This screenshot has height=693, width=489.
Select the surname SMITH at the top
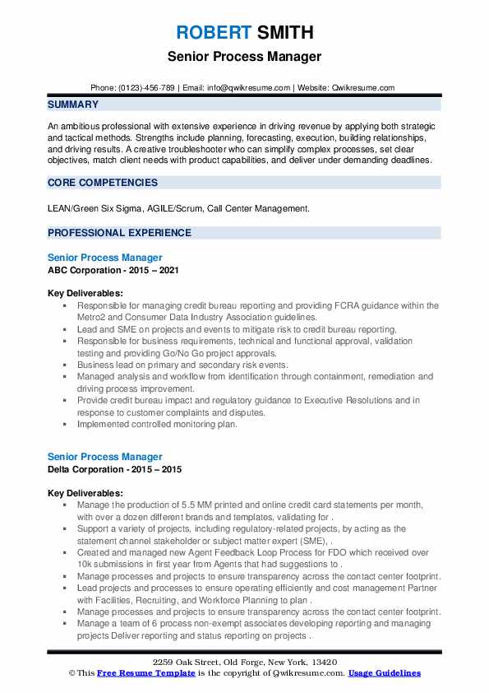284,33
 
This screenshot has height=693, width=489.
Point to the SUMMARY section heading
73,105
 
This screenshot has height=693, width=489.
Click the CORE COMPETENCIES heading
103,182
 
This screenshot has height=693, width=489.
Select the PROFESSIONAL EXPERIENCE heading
119,233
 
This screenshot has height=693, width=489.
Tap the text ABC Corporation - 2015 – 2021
113,269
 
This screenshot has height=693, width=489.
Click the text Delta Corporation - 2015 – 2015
114,469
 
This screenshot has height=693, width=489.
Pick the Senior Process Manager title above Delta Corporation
105,457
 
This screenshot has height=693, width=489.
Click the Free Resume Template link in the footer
136,673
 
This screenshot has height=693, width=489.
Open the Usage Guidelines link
384,673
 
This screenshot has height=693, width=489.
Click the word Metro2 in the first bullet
92,316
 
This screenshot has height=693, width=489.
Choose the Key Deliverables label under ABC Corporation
85,293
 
